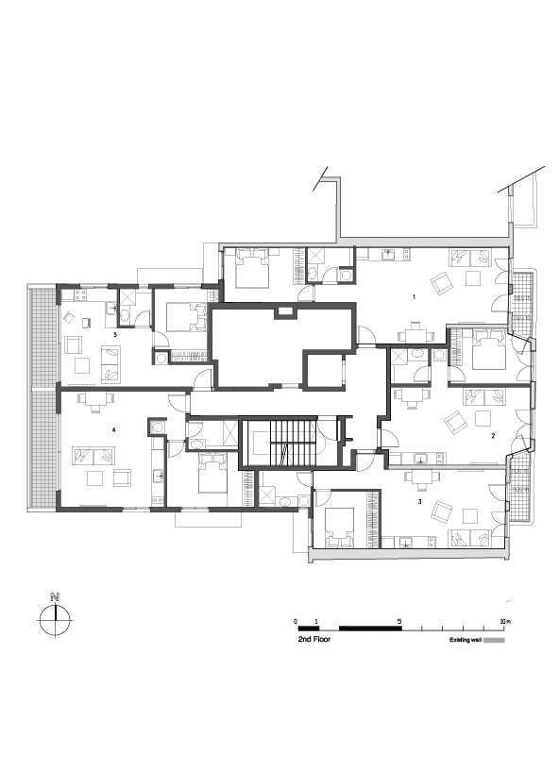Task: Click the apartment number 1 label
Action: [x=414, y=296]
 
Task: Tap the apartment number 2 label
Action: [x=493, y=436]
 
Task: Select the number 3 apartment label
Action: [x=419, y=501]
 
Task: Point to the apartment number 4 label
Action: [x=113, y=430]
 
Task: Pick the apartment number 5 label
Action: [x=114, y=334]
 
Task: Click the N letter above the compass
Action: [x=56, y=597]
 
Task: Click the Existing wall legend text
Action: [x=465, y=639]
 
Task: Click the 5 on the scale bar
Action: [x=401, y=621]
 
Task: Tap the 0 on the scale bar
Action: [x=296, y=621]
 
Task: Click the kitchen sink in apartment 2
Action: [x=419, y=460]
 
